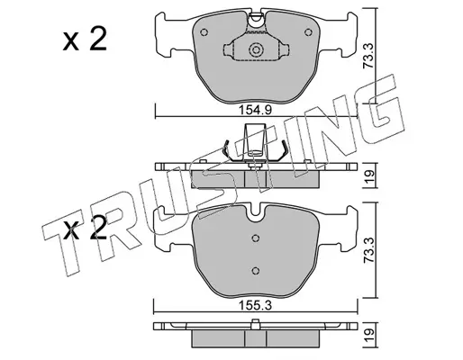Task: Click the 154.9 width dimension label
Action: click(255, 110)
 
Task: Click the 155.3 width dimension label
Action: click(255, 305)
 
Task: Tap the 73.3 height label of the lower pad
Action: click(368, 250)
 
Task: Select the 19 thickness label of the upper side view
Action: click(369, 175)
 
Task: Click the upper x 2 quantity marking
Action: click(85, 40)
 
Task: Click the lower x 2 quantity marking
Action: click(85, 228)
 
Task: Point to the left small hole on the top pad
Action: click(204, 32)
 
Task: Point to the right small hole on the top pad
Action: click(308, 32)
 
